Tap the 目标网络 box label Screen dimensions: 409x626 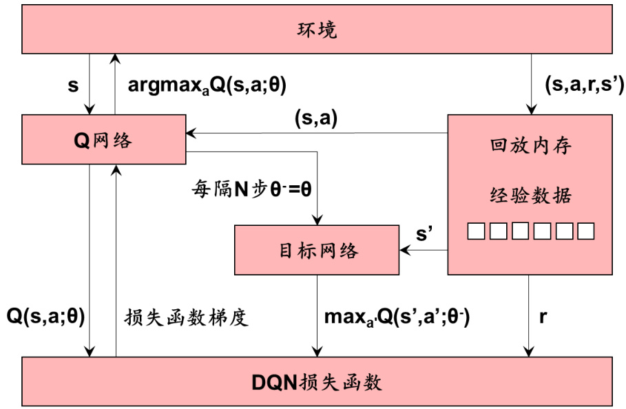coord(317,250)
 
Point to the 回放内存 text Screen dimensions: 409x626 coord(530,147)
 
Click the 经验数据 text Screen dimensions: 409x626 coord(530,196)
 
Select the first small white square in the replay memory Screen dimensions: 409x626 coord(476,231)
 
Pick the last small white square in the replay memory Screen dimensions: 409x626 coord(585,231)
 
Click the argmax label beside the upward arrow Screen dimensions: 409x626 coord(207,85)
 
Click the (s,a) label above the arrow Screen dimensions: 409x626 coord(315,118)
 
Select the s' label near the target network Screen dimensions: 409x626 coord(424,233)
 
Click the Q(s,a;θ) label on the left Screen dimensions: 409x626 coord(45,317)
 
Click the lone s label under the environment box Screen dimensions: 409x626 coord(73,85)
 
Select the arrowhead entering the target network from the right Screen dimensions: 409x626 coord(404,250)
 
